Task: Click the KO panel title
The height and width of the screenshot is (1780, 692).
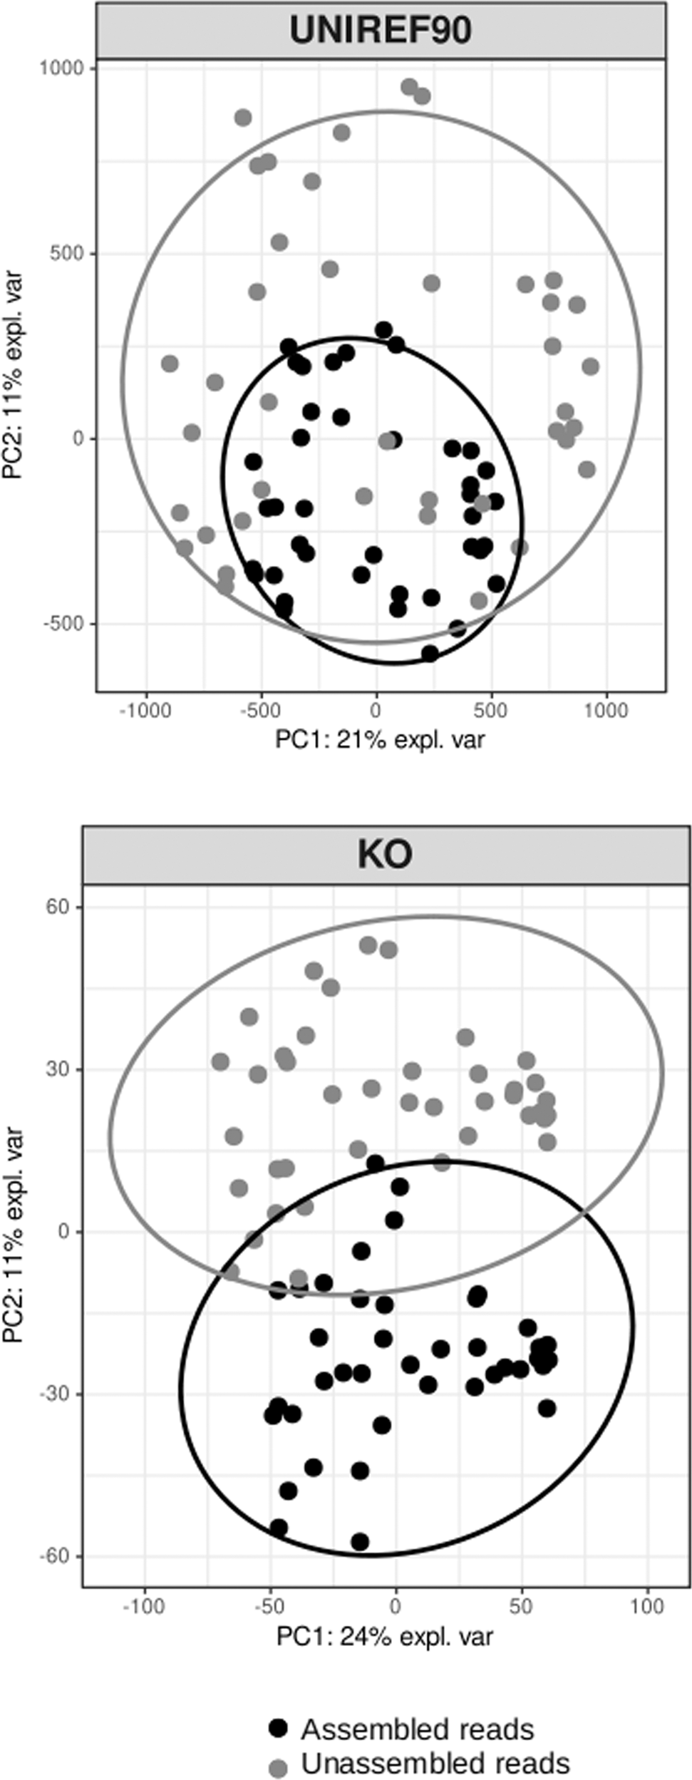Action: pos(385,855)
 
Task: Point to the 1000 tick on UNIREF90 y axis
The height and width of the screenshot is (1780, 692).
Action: pos(61,68)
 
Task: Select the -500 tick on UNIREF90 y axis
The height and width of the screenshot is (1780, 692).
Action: pos(65,624)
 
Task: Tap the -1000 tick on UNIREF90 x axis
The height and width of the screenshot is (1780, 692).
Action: pos(145,711)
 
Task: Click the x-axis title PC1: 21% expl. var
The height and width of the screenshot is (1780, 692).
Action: pos(380,739)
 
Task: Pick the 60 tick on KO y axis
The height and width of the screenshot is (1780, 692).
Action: pos(57,907)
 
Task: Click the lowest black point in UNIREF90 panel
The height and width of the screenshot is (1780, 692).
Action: pos(430,653)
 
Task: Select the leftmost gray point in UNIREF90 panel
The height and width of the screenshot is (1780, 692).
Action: pos(169,364)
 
